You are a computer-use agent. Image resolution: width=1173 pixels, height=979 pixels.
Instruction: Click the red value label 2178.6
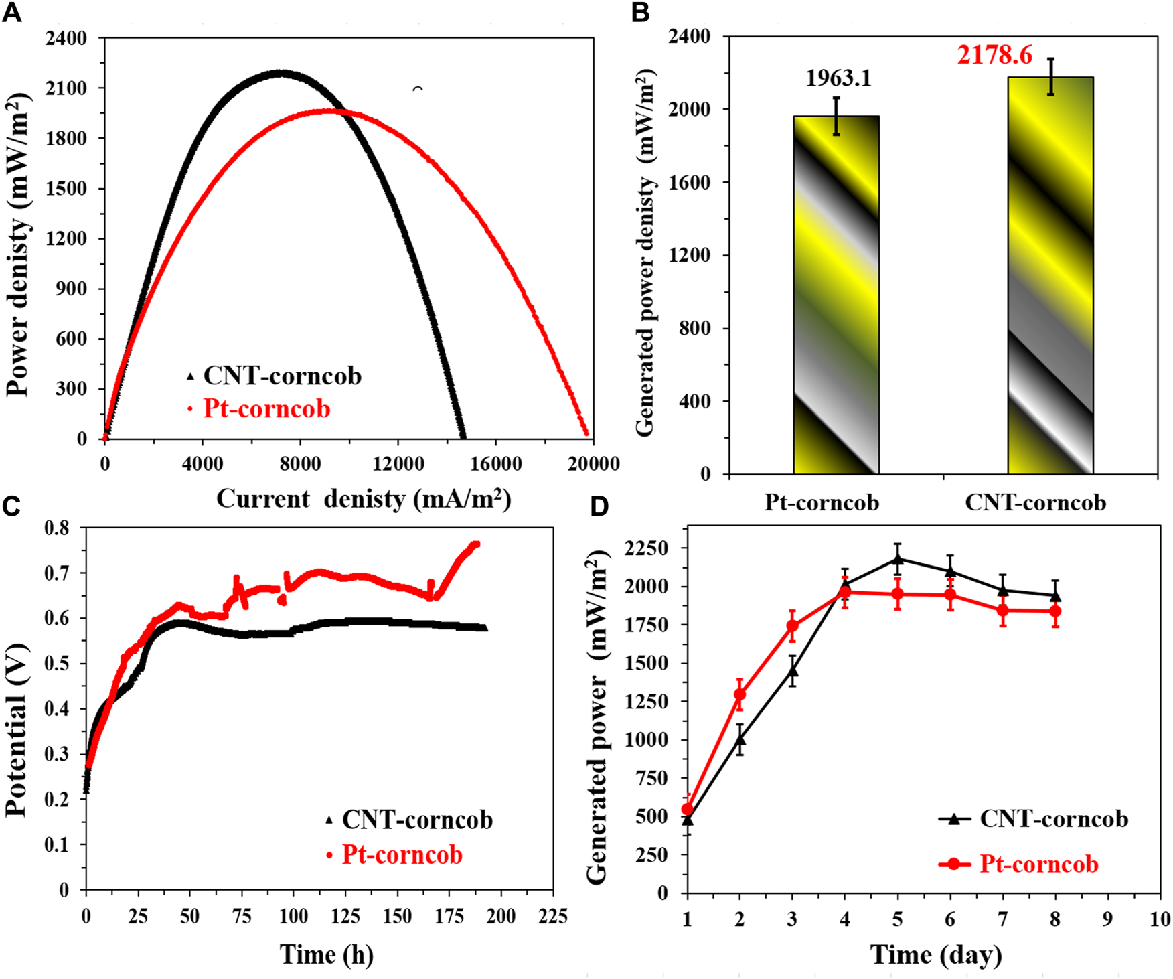[994, 55]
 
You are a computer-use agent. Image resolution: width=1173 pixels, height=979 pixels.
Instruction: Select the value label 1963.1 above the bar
[838, 78]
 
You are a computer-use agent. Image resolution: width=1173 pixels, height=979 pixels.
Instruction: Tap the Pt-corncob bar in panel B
[836, 295]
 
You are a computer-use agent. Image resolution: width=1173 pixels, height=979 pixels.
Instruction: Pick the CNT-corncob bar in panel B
[1050, 275]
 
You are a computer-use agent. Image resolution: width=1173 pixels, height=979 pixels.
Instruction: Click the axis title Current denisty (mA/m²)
[364, 499]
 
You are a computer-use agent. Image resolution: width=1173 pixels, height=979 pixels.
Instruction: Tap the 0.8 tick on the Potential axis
[56, 528]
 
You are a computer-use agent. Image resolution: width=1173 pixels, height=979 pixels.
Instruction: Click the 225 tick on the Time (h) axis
[553, 916]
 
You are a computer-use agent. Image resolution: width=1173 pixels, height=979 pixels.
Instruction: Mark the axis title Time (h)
[326, 954]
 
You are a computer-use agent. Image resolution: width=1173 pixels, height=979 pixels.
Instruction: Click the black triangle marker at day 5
[897, 558]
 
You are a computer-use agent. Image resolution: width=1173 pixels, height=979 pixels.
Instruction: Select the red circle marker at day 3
[792, 627]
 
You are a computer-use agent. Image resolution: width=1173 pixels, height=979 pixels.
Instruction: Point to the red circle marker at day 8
[1056, 611]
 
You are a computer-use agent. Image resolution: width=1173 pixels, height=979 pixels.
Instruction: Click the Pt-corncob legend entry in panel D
[1038, 864]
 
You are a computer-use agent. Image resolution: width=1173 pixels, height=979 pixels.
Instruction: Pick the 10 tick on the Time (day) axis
[1159, 919]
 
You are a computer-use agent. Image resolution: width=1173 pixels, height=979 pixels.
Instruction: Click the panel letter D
[599, 507]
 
